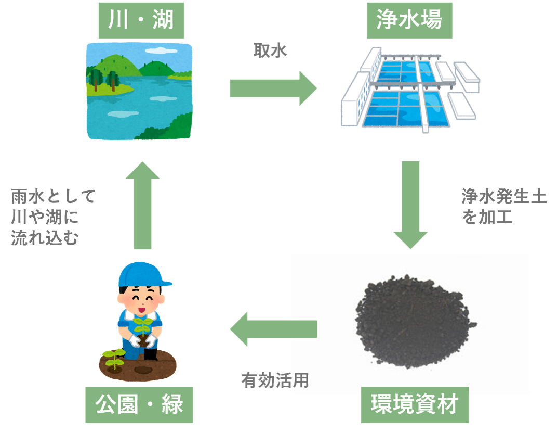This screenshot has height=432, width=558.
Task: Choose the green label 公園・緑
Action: tap(139, 405)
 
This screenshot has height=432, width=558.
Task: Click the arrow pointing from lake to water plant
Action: tap(273, 88)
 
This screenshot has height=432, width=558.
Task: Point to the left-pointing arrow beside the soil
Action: tap(273, 329)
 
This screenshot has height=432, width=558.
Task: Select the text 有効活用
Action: tap(274, 381)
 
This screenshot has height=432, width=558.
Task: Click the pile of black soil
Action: tap(410, 323)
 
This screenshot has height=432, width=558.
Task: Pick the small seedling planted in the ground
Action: tap(113, 358)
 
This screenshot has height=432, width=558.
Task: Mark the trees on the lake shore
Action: tap(103, 78)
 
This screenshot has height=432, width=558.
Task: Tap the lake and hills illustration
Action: tap(139, 91)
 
